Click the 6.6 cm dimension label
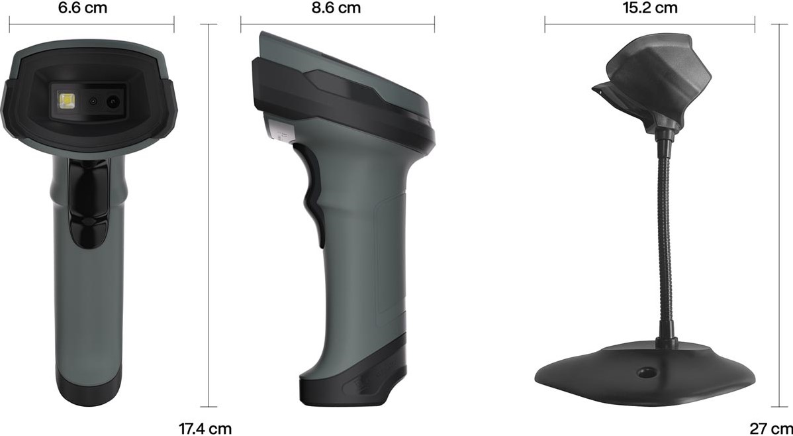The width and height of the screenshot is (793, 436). click(x=82, y=7)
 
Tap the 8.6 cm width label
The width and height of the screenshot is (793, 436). click(x=336, y=7)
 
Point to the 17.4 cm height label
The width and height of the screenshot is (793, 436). click(x=205, y=429)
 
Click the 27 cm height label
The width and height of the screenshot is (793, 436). click(x=770, y=429)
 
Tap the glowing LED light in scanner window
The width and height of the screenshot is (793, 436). click(x=66, y=101)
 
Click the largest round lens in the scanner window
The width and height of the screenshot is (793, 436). click(x=113, y=102)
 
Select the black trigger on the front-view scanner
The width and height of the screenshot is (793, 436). click(x=87, y=203)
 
